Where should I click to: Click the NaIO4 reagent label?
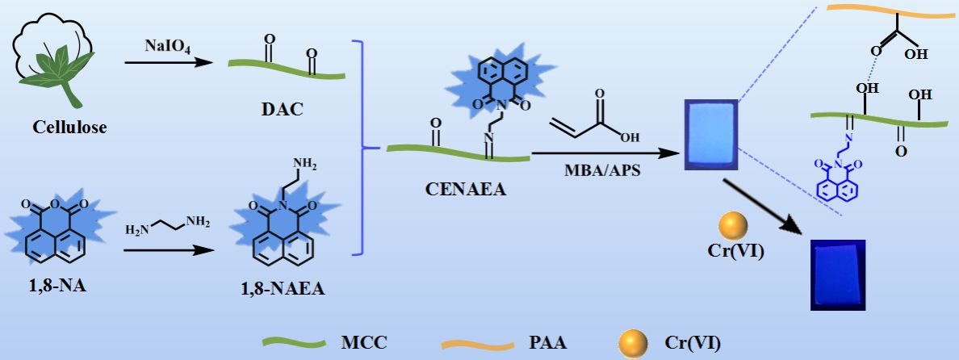click(x=158, y=48)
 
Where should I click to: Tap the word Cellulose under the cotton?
click(x=69, y=127)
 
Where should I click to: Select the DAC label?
click(x=283, y=108)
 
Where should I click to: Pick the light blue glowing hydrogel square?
click(x=710, y=134)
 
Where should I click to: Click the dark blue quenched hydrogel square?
click(x=836, y=274)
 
